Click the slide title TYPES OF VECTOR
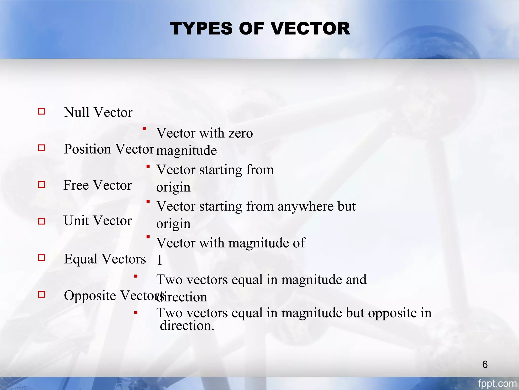point(260,28)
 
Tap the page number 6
point(485,365)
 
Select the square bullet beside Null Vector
point(42,111)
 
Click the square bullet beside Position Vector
point(42,148)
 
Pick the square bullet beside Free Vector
point(42,184)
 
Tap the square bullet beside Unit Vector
point(42,221)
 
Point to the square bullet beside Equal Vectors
point(42,258)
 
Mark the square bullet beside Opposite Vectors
point(42,294)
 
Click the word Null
point(77,112)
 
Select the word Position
point(88,149)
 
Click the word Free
point(76,185)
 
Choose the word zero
point(240,133)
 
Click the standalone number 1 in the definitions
point(159,260)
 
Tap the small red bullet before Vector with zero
point(144,129)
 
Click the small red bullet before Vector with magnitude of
point(148,237)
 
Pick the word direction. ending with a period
point(187,326)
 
